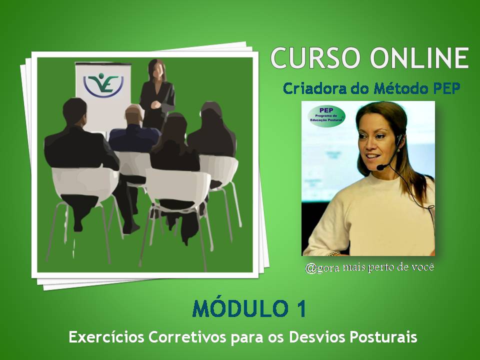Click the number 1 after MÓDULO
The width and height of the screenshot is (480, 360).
pos(298,309)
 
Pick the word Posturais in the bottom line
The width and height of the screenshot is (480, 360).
pos(385,337)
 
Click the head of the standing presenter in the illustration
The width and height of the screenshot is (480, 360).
pos(158,68)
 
